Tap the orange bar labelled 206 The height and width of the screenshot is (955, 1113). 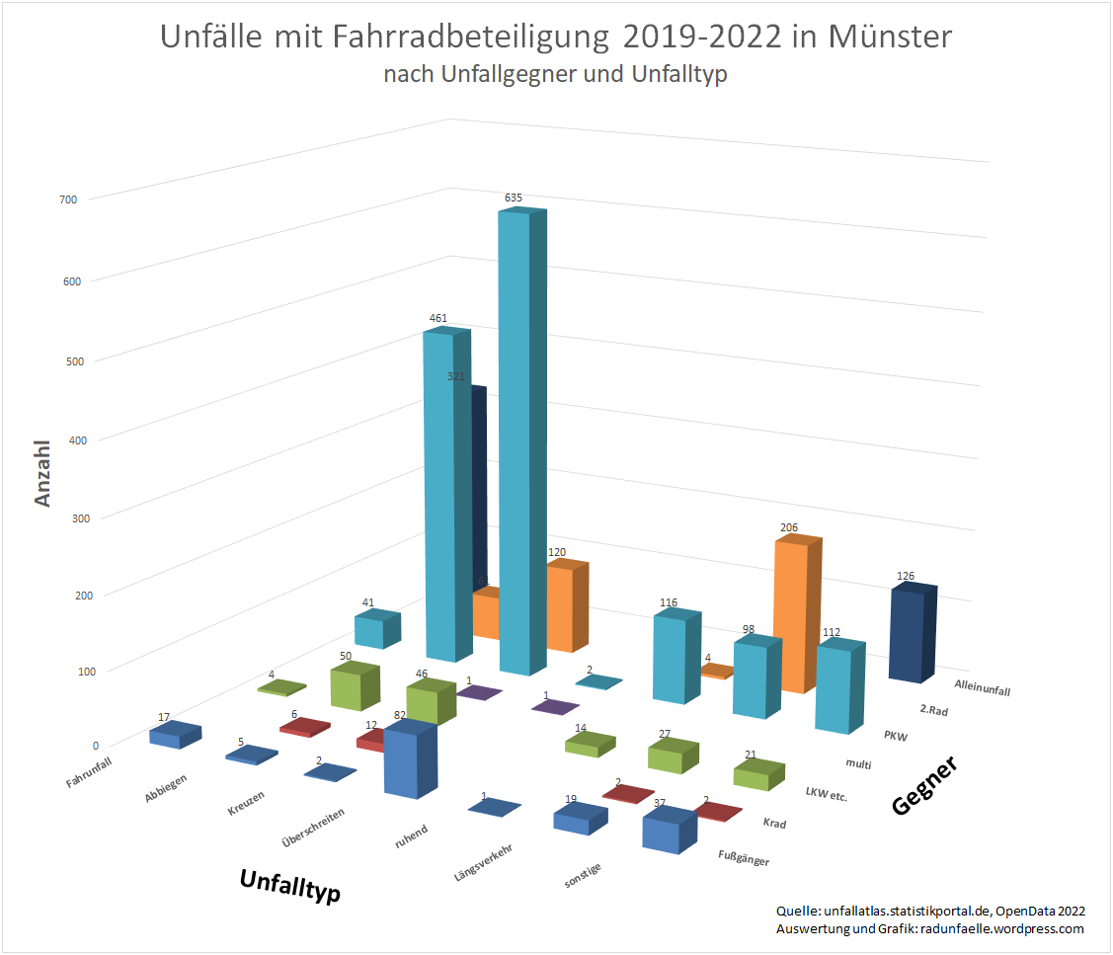pos(794,612)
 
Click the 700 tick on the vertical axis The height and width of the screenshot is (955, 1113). pos(68,199)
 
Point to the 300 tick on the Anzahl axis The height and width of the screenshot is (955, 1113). pos(68,517)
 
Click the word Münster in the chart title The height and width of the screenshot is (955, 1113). pos(890,38)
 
